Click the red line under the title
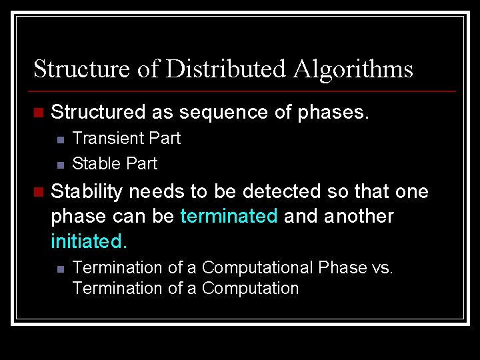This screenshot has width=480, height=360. pos(244,91)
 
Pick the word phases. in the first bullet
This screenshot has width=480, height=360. pos(333,113)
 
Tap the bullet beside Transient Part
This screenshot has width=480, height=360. pos(59,140)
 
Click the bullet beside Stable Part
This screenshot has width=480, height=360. pos(59,165)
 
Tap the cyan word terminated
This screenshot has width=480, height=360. pos(229,217)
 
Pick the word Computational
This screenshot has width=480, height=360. pos(257,268)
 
